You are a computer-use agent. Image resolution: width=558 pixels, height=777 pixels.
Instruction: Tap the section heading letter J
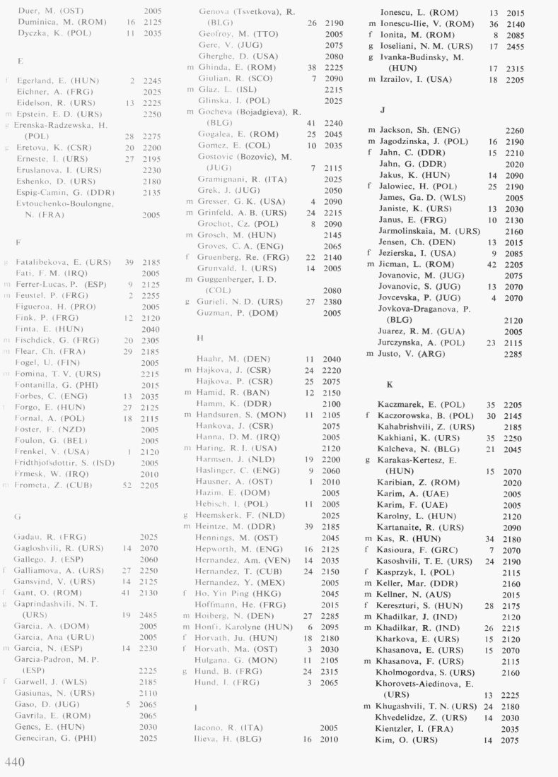click(x=383, y=111)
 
